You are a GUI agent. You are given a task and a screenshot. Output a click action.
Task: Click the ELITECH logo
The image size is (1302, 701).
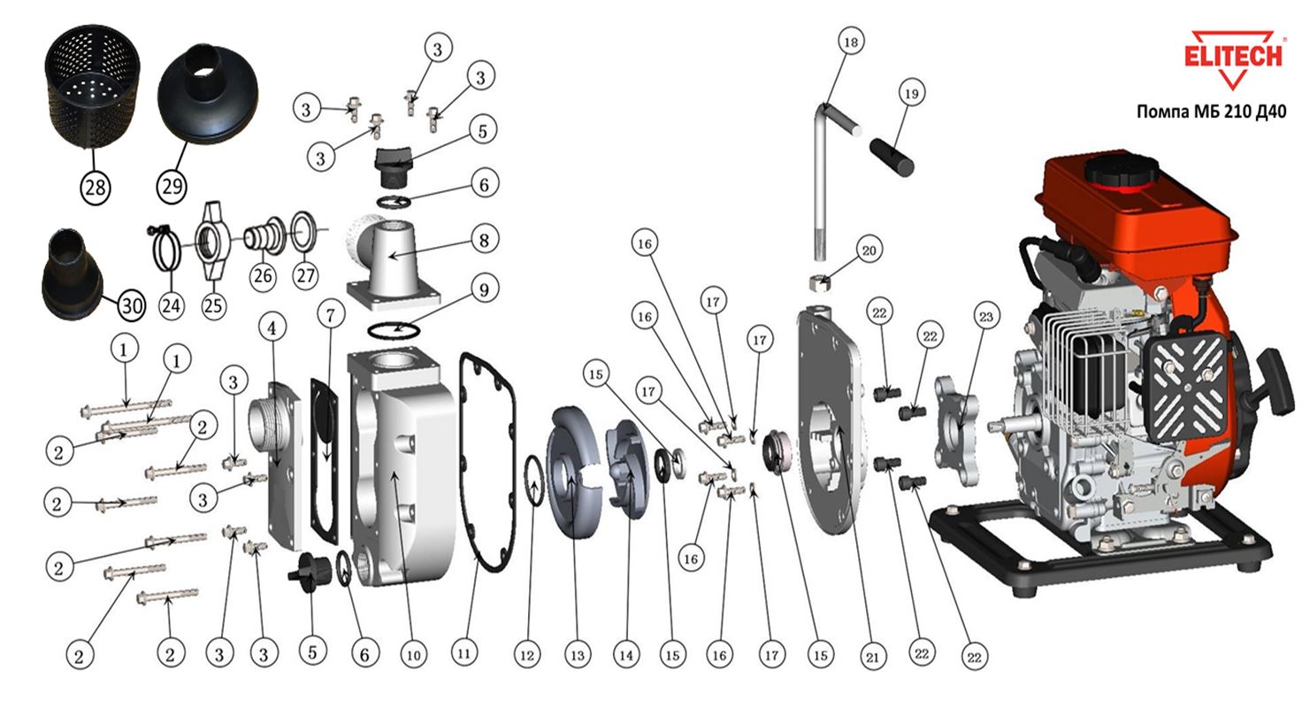[1232, 58]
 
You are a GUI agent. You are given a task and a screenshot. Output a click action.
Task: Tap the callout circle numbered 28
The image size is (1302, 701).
[95, 186]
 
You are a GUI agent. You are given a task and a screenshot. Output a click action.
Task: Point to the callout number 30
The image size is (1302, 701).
[131, 306]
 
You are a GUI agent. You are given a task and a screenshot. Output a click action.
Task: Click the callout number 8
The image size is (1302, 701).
[483, 239]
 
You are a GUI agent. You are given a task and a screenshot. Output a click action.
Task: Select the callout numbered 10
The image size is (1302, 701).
[413, 655]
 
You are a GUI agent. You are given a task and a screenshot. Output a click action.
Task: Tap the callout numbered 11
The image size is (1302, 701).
[463, 655]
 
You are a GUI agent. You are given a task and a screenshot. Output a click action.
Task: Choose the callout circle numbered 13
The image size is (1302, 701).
[578, 655]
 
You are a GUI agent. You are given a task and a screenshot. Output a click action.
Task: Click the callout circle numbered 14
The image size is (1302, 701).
[627, 655]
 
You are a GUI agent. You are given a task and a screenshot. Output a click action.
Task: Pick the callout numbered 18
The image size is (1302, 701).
[852, 42]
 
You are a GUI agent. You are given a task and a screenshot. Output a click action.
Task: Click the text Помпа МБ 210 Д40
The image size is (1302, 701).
[1211, 112]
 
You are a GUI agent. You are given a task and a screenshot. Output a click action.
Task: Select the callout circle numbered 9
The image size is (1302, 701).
[483, 289]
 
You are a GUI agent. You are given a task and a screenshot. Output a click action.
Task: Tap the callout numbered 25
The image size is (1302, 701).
[213, 306]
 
